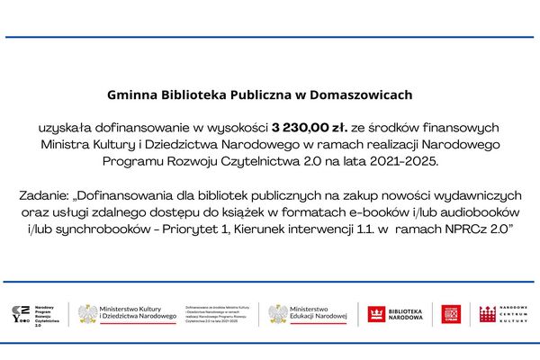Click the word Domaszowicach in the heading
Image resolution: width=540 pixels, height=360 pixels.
pyautogui.click(x=361, y=93)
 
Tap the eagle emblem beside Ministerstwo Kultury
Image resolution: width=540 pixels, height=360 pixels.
pyautogui.click(x=87, y=314)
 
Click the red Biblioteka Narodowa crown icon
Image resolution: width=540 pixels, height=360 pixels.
pyautogui.click(x=376, y=314)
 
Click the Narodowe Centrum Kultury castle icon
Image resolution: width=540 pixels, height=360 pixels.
pyautogui.click(x=487, y=314)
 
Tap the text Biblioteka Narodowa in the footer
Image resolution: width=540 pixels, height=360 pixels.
pyautogui.click(x=406, y=314)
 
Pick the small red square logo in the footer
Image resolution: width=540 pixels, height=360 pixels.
pyautogui.click(x=450, y=314)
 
